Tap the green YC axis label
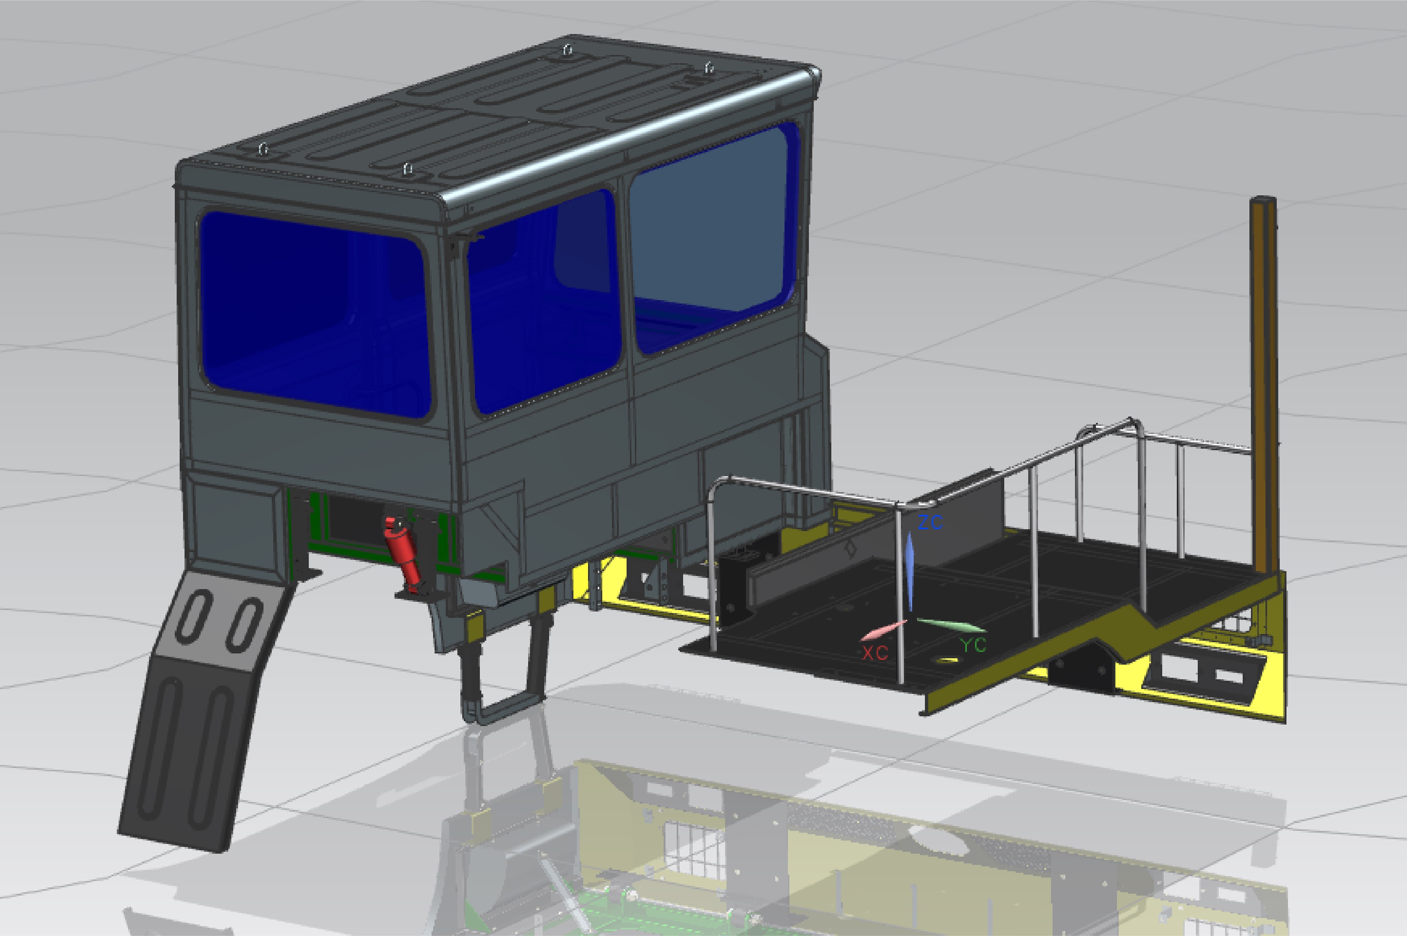pyautogui.click(x=973, y=645)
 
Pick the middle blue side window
pyautogui.click(x=543, y=301)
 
